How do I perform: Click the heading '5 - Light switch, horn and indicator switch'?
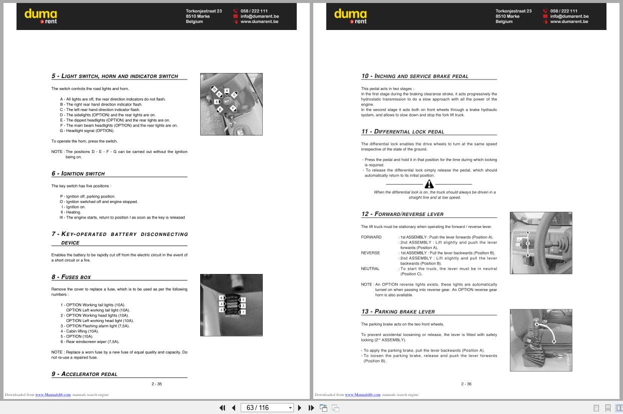pos(115,76)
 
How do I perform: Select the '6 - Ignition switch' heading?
pos(78,173)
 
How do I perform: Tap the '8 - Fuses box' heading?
pos(71,277)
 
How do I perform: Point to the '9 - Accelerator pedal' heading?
pos(85,374)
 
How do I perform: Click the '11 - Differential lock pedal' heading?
pos(403,131)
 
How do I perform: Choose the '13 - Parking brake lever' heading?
pos(398,311)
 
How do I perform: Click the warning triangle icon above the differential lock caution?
pos(429,184)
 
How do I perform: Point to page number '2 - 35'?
pos(157,384)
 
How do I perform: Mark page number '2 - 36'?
pos(466,384)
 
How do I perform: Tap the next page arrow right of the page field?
pos(300,407)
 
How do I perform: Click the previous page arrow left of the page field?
pos(233,407)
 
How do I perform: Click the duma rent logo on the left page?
pos(41,16)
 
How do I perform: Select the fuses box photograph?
pos(231,305)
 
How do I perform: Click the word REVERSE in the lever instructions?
pos(370,253)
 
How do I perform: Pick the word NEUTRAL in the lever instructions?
pos(370,268)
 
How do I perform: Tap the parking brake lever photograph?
pos(541,340)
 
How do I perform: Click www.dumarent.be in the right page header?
pos(569,21)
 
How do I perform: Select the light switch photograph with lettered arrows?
pos(231,104)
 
